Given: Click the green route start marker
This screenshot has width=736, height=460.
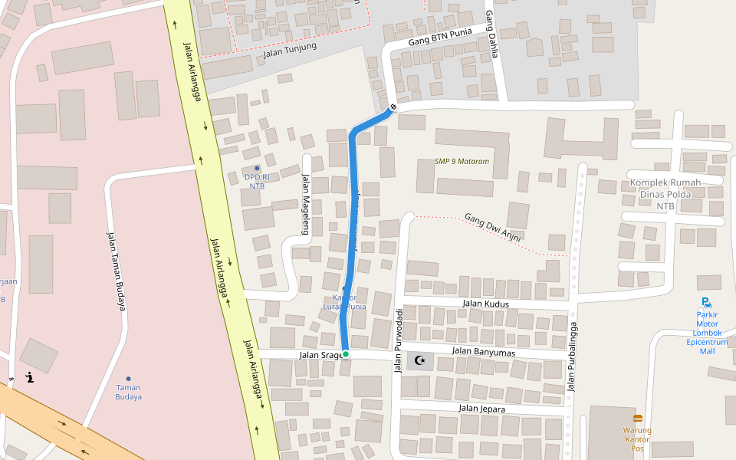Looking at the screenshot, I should coord(345,353).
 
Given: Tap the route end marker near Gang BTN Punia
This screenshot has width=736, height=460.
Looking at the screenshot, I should coord(393,107).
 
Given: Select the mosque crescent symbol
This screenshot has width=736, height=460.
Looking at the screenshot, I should coord(419,360).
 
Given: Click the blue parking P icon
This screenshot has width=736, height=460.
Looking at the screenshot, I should coord(705,303).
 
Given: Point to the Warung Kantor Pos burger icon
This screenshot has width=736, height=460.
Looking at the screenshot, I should coord(637,419).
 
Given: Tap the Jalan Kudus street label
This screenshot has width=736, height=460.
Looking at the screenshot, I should coord(485,304).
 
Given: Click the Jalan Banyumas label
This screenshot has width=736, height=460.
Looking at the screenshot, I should coord(483,352).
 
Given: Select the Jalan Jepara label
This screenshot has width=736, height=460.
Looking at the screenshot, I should coord(481,409).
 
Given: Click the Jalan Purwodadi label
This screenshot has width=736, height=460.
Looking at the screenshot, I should coord(398,340).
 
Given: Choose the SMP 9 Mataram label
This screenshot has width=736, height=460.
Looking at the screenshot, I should coord(462,162).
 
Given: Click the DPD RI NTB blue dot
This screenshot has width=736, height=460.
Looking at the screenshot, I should coord(257,168).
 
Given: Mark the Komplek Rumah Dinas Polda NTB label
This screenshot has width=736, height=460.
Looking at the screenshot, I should coord(665,194).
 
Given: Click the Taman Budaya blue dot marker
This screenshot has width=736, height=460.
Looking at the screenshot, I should coord(128,379).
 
